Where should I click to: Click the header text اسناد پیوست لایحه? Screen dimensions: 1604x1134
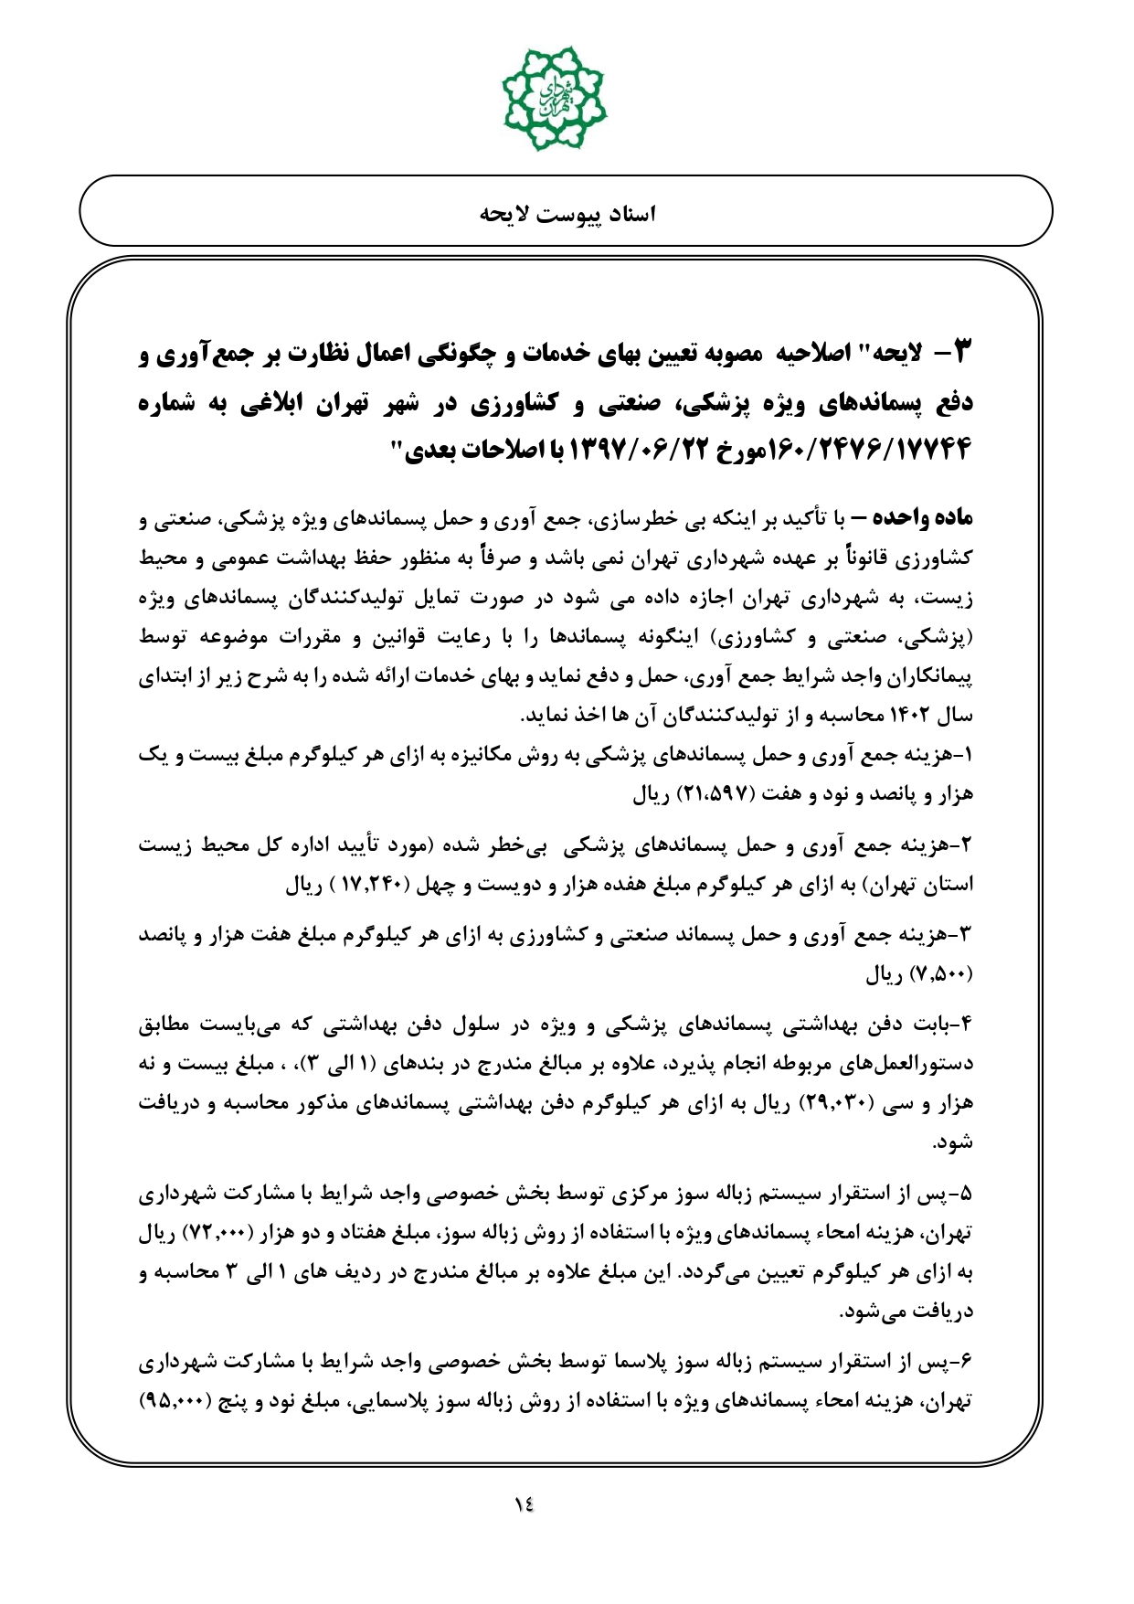pos(567,214)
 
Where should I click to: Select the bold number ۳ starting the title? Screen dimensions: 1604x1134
pos(957,354)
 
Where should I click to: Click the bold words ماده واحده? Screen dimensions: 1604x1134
pos(921,519)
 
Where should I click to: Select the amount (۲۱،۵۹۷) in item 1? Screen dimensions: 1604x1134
pos(715,794)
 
